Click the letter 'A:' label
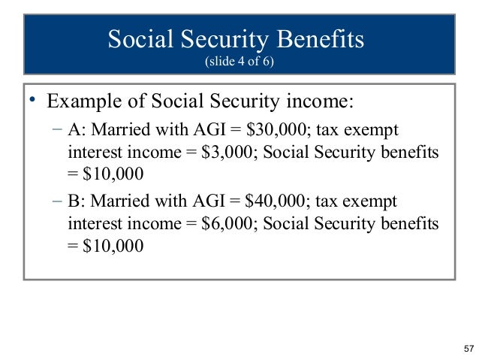pos(77,130)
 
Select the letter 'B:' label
pos(77,203)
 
